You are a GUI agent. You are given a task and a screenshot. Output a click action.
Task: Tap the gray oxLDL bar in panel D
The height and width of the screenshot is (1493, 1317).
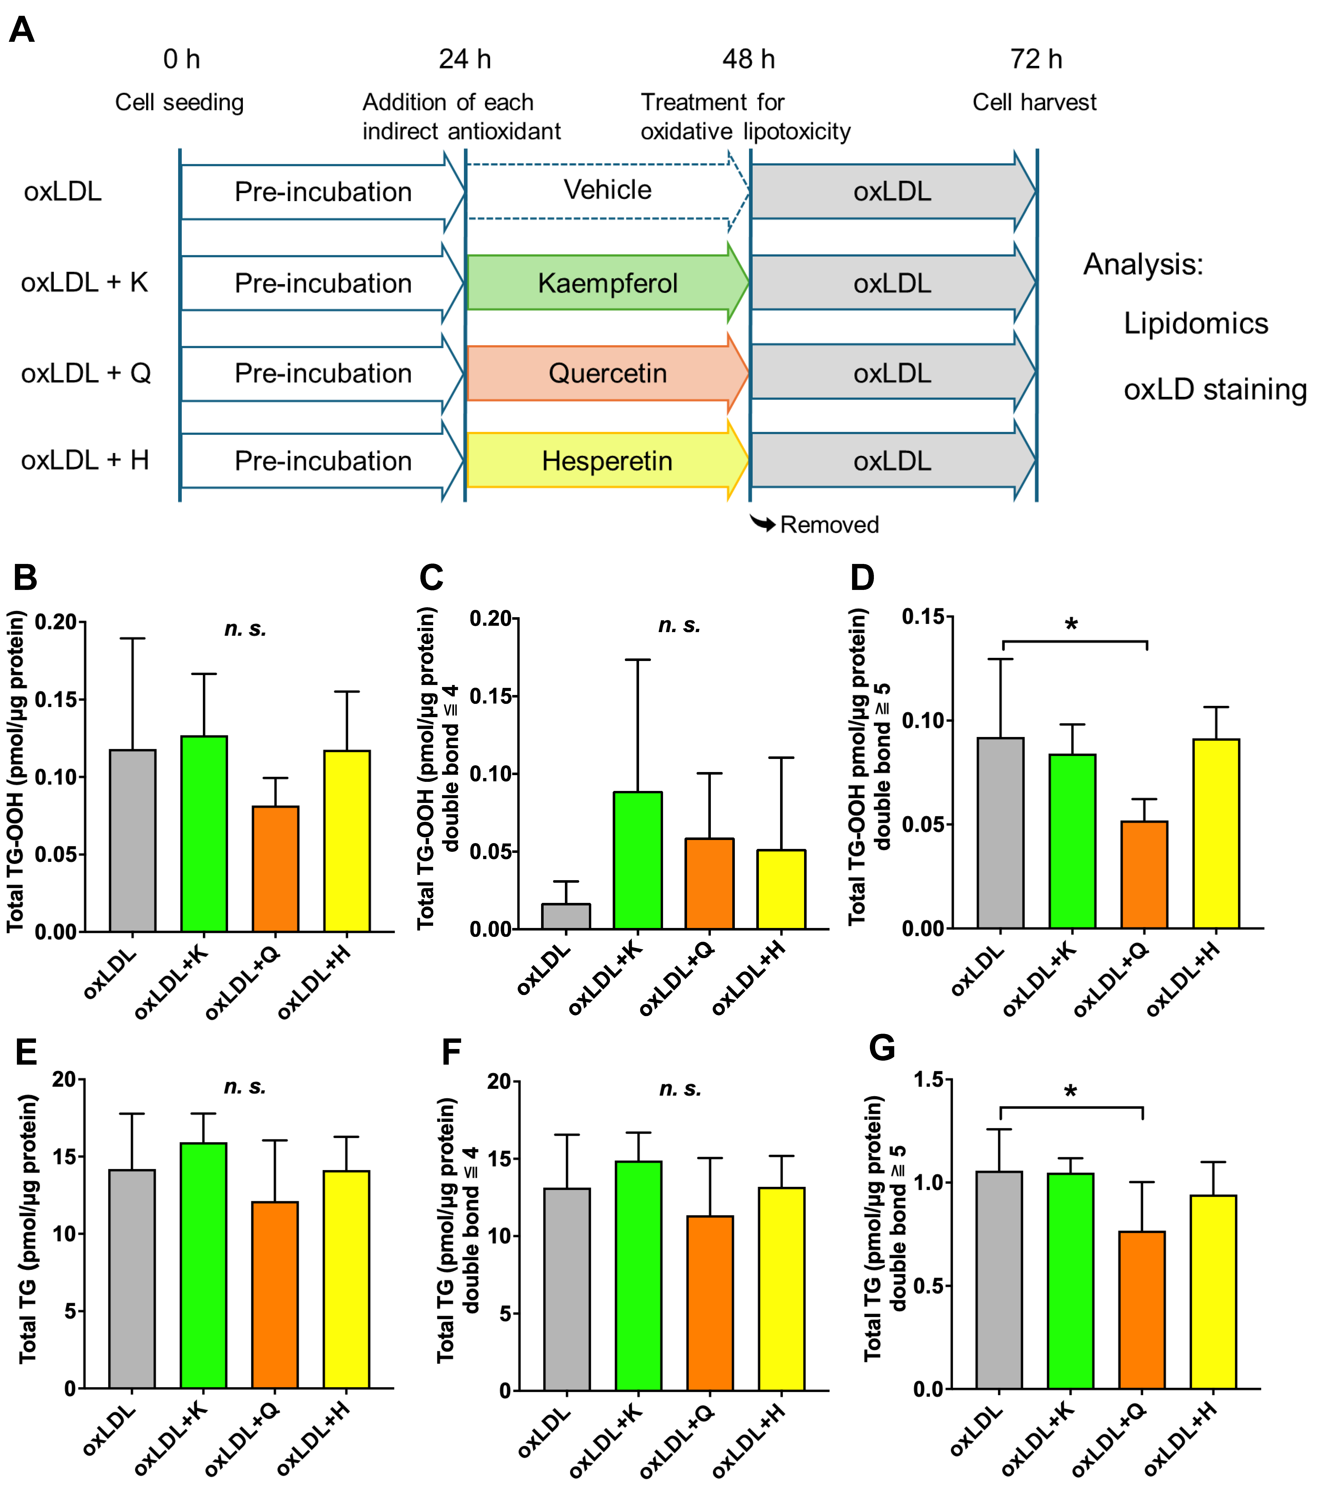click(1001, 833)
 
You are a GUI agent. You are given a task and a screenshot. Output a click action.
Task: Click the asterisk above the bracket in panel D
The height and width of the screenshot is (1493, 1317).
click(1071, 624)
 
